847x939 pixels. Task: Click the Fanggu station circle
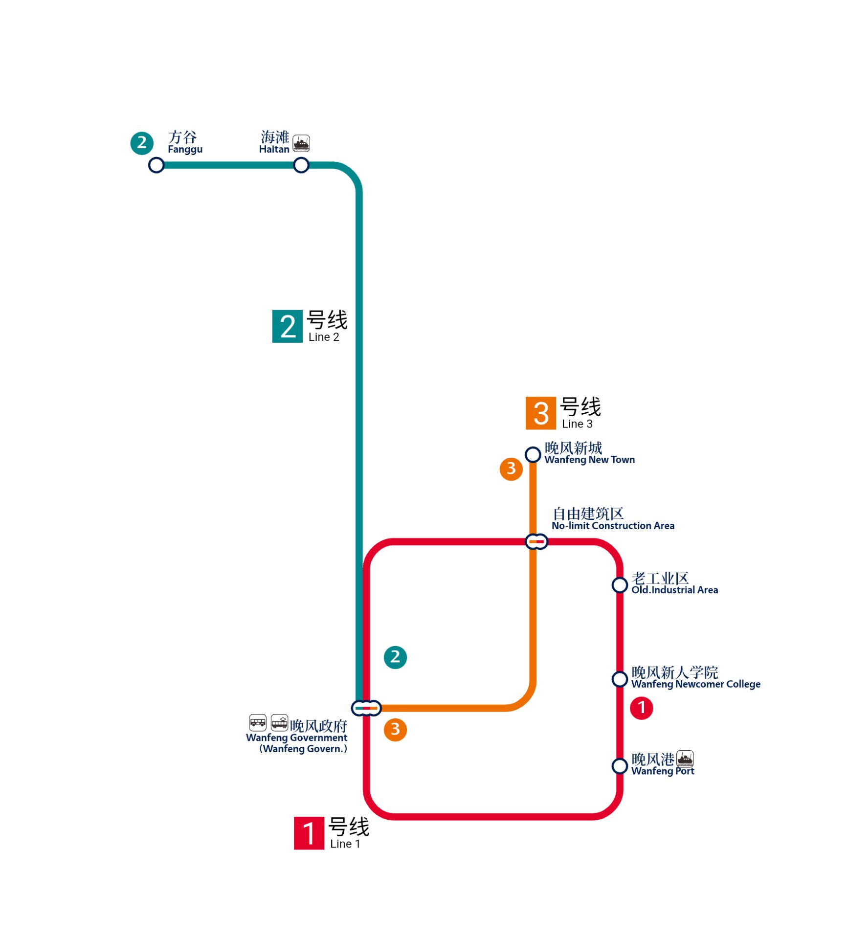tap(156, 165)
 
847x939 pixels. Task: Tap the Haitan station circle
tap(301, 165)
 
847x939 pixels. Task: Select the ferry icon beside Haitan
tap(301, 143)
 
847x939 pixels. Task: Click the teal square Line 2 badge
tap(288, 326)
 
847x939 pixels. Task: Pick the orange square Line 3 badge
tap(541, 413)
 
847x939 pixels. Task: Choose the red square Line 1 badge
tap(309, 833)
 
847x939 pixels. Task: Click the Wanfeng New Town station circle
tap(533, 454)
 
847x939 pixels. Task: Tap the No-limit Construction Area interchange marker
tap(536, 542)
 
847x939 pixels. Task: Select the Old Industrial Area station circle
tap(620, 585)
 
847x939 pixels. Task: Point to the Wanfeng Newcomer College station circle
tap(620, 679)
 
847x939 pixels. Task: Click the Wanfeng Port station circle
tap(620, 766)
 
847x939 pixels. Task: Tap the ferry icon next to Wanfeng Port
tap(685, 759)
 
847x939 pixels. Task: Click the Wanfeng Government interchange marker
tap(366, 708)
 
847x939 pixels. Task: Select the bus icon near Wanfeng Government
tap(258, 722)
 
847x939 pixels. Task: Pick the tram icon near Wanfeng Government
tap(280, 722)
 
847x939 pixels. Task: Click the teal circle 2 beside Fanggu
tap(142, 143)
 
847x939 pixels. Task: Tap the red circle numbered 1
tap(642, 708)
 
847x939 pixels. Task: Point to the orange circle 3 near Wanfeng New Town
tap(511, 469)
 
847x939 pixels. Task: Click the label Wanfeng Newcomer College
tap(696, 684)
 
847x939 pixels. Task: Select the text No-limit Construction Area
tap(613, 526)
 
